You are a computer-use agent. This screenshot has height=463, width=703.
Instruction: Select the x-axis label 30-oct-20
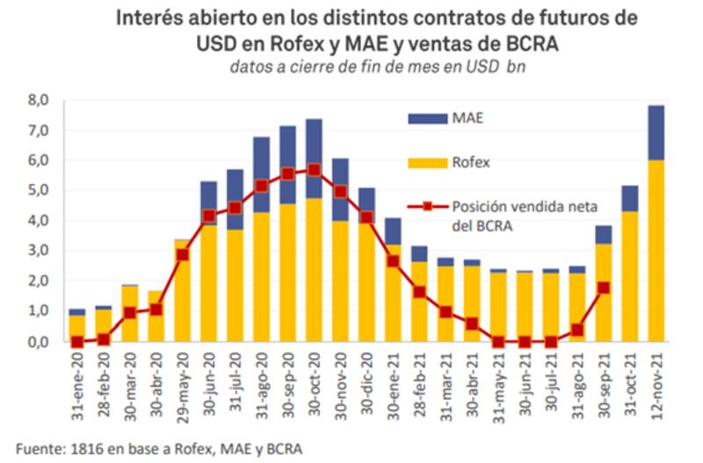coord(315,378)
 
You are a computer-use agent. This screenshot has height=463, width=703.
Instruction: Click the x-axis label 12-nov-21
coord(656,378)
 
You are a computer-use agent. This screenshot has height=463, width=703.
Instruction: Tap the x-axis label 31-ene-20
coord(78,378)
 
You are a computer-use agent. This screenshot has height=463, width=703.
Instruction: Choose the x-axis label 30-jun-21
coord(525,378)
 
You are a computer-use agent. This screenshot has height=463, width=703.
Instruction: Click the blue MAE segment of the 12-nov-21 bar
coord(656,132)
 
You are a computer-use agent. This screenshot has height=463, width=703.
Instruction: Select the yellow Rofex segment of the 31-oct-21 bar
coord(629,277)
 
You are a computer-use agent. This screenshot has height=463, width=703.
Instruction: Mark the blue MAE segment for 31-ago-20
coord(261,174)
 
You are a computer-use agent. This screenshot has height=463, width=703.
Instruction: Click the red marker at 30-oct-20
coord(314,170)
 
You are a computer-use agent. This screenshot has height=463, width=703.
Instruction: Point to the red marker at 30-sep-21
coord(603,288)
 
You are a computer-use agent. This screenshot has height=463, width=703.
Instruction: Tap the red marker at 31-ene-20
coord(77,342)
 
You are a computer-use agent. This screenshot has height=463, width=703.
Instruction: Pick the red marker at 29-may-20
coord(182,254)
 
